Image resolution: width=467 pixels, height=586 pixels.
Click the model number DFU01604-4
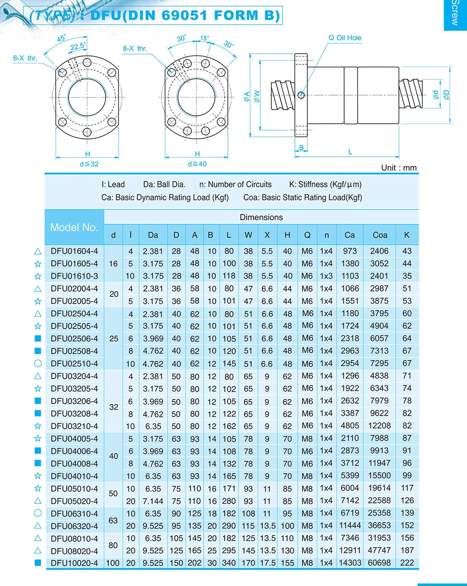(x=74, y=251)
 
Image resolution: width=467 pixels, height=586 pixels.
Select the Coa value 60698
(x=379, y=563)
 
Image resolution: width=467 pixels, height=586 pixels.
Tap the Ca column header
(x=349, y=235)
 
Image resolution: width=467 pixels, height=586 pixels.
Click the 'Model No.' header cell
(x=74, y=227)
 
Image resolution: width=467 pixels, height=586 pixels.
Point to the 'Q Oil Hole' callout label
(x=345, y=38)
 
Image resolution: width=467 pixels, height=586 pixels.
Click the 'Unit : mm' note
(x=399, y=168)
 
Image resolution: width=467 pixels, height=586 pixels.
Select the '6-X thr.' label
(x=25, y=58)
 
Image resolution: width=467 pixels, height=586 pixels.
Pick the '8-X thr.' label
(x=135, y=49)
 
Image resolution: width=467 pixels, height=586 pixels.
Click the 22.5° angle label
(x=78, y=46)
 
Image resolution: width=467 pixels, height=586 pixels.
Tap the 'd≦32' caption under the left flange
(x=89, y=164)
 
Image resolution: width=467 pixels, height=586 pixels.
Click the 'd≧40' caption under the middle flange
(x=197, y=164)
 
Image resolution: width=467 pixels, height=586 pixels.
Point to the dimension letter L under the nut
(x=350, y=152)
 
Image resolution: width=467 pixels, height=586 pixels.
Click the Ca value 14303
(x=350, y=563)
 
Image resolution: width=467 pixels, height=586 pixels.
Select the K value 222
(x=407, y=563)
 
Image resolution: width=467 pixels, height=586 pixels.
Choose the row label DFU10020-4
(x=74, y=563)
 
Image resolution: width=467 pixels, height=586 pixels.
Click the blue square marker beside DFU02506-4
(x=38, y=338)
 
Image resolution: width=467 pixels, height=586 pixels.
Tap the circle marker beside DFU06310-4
(x=38, y=513)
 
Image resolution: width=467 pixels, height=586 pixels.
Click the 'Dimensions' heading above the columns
(x=261, y=217)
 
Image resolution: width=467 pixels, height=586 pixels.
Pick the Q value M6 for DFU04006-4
(x=307, y=451)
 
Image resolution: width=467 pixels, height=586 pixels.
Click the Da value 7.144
(x=153, y=501)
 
